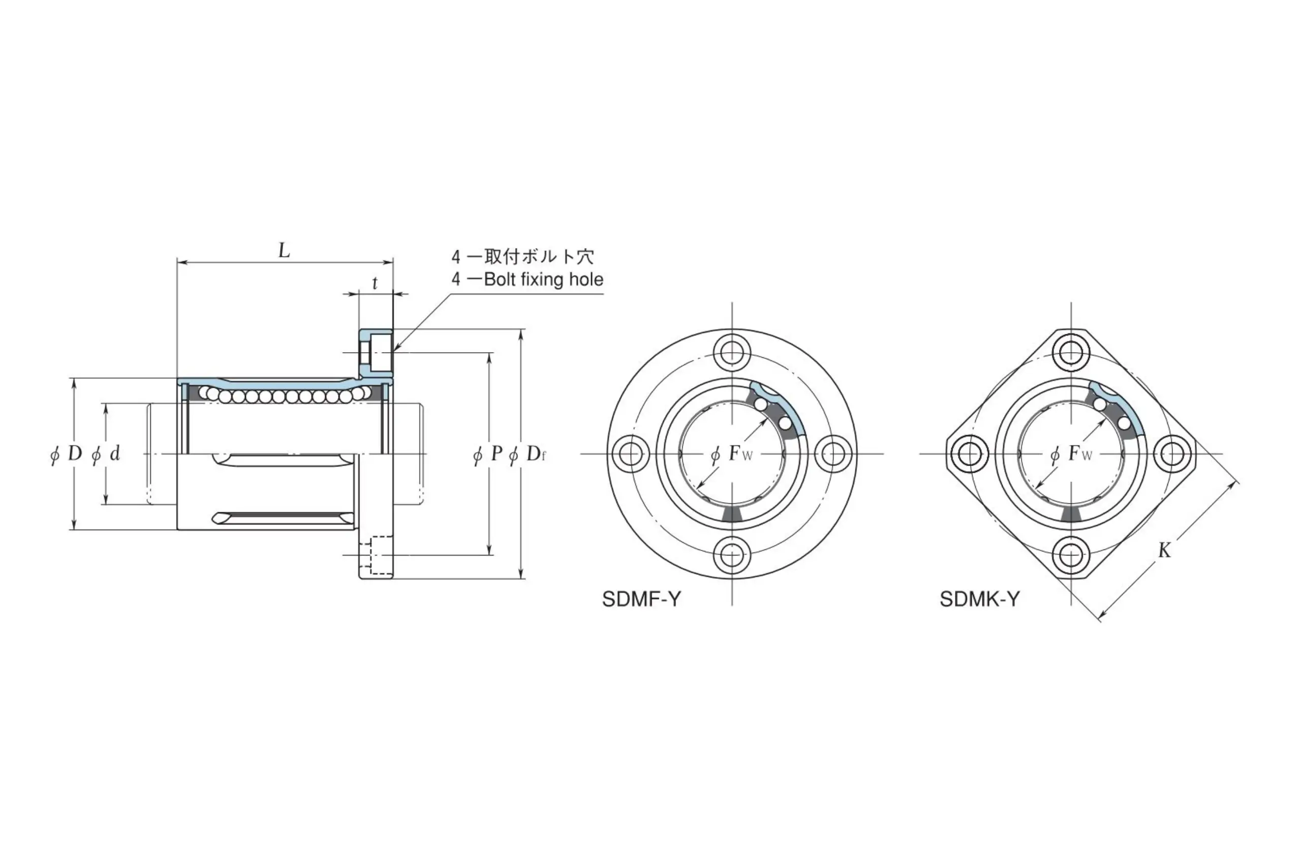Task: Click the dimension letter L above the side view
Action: tap(284, 251)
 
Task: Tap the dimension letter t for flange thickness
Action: tap(375, 283)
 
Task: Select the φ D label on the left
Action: tap(66, 454)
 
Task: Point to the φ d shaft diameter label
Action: tap(106, 454)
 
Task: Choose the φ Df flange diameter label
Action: tap(528, 454)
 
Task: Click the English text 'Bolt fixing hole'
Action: tap(544, 280)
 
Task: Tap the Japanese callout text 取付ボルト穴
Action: tap(539, 256)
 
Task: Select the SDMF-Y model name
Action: tap(641, 599)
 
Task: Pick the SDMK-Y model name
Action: tap(980, 599)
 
